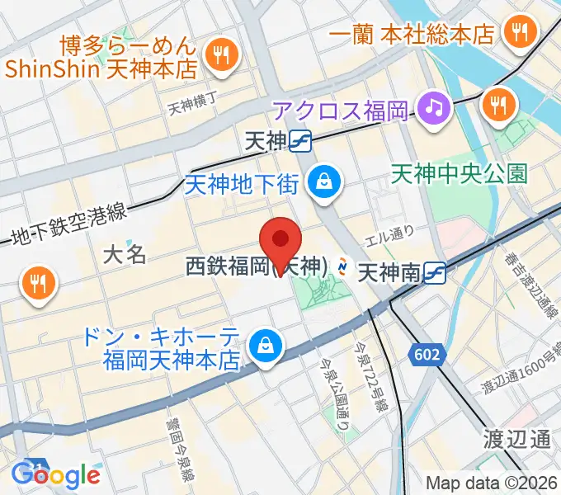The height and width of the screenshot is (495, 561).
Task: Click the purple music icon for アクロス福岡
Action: point(431,106)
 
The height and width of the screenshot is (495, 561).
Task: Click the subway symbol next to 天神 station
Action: point(300,142)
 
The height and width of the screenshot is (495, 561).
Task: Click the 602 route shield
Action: point(428,355)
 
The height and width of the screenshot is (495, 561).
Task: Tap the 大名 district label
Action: point(125,254)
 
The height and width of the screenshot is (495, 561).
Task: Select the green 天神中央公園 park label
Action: point(459,173)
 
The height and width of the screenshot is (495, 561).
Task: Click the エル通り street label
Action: point(391,233)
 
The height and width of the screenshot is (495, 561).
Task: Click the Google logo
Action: point(56,475)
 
